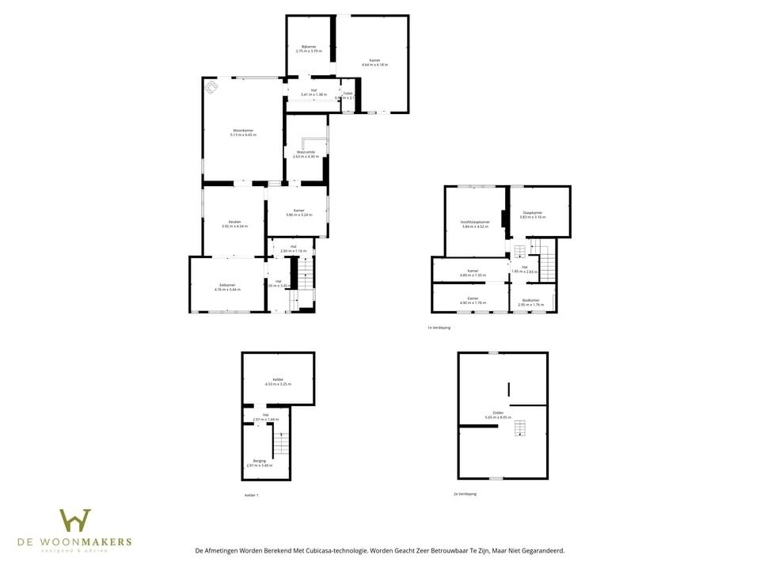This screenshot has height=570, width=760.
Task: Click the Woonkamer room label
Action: (242, 132)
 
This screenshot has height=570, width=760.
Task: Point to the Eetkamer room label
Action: (227, 287)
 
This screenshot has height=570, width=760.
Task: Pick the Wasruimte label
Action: (306, 154)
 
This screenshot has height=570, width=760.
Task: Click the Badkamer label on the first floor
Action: (531, 302)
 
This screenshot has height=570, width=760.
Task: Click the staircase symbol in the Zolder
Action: (519, 428)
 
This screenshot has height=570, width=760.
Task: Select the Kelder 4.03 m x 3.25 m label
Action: (278, 382)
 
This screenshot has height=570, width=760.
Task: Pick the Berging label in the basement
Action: (260, 462)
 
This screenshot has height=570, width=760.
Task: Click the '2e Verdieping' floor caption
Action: (465, 493)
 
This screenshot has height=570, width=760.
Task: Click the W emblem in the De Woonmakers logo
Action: (75, 520)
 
